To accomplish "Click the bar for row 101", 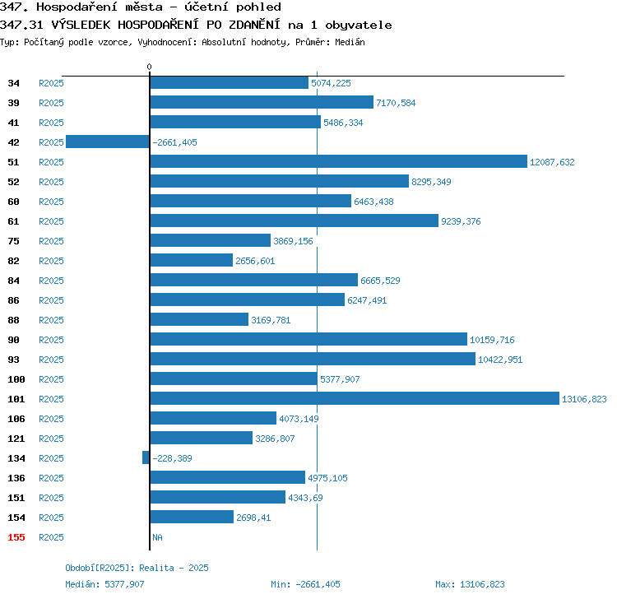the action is [x=355, y=398].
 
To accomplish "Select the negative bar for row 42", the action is [x=108, y=142].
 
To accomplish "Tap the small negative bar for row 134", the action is [x=146, y=457].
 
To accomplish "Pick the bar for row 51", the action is [x=338, y=161].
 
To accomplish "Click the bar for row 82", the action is [x=191, y=260].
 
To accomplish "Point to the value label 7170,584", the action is [x=396, y=103].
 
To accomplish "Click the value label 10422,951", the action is [x=500, y=360].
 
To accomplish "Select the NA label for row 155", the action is [x=157, y=537].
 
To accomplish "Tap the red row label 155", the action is [x=16, y=537].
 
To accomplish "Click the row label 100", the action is [x=16, y=379].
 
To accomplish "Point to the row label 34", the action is [x=13, y=83].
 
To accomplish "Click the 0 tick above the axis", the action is [x=149, y=67].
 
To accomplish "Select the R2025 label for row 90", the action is [x=51, y=340].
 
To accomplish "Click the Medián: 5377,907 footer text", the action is [x=104, y=584].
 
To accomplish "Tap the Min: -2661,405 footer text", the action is [x=305, y=584].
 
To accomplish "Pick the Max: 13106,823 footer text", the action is [x=470, y=584].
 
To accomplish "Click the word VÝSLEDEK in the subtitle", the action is [x=81, y=25].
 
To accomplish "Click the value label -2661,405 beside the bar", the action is [x=174, y=142].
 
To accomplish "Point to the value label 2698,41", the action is [x=253, y=518].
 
